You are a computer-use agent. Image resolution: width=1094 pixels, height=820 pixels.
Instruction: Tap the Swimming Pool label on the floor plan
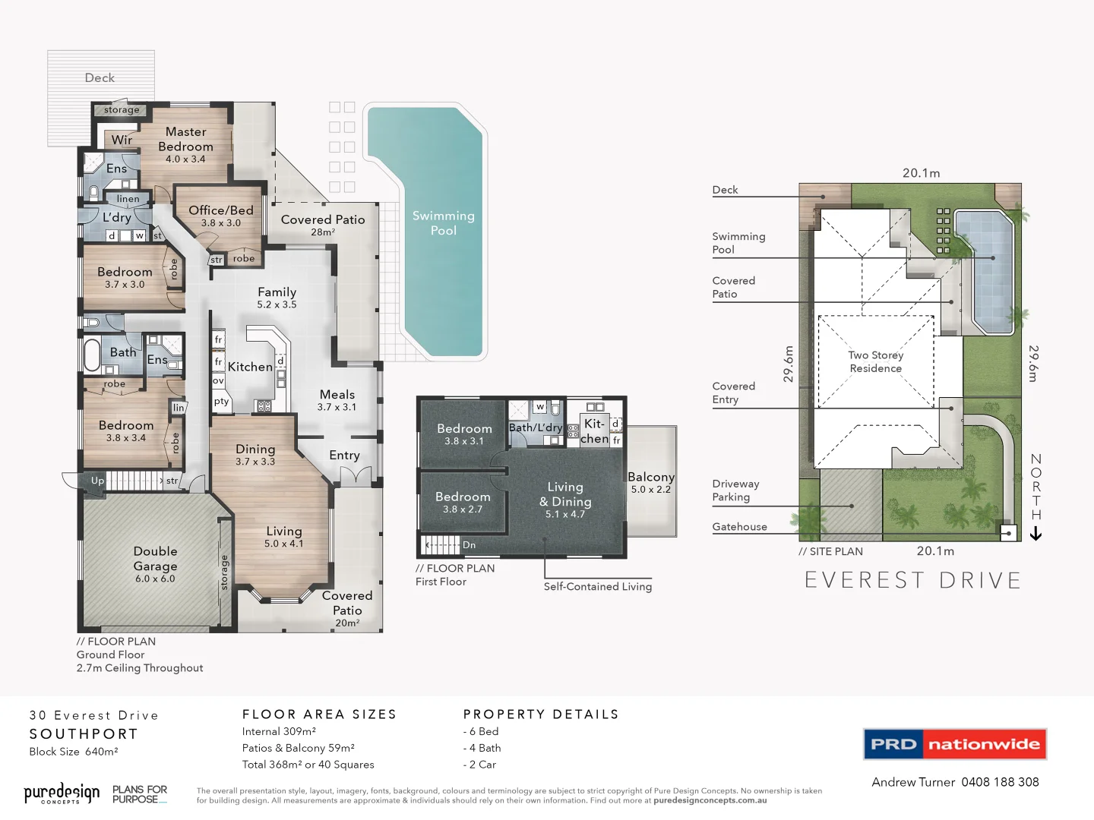444,223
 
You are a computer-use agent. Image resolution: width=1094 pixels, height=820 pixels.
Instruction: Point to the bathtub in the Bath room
92,355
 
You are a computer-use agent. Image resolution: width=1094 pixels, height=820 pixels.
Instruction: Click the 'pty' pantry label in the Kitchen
221,402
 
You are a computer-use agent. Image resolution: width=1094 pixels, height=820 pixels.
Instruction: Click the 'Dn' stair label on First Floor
469,545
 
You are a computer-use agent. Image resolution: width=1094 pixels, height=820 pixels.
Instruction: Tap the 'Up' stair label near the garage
97,481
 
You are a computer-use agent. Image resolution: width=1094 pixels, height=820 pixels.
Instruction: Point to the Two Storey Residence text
876,361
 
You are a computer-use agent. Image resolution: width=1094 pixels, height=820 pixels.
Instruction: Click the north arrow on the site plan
1036,535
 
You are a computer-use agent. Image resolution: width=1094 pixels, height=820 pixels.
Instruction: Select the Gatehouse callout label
739,527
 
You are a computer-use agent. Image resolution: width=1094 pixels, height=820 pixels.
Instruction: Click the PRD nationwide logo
955,744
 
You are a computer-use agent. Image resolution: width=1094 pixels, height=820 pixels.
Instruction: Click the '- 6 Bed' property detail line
481,731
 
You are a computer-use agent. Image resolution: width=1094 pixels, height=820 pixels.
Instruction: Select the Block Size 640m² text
74,752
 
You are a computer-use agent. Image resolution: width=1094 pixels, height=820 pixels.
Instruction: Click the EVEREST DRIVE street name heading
912,581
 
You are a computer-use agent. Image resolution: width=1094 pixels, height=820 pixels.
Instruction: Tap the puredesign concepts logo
62,793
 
